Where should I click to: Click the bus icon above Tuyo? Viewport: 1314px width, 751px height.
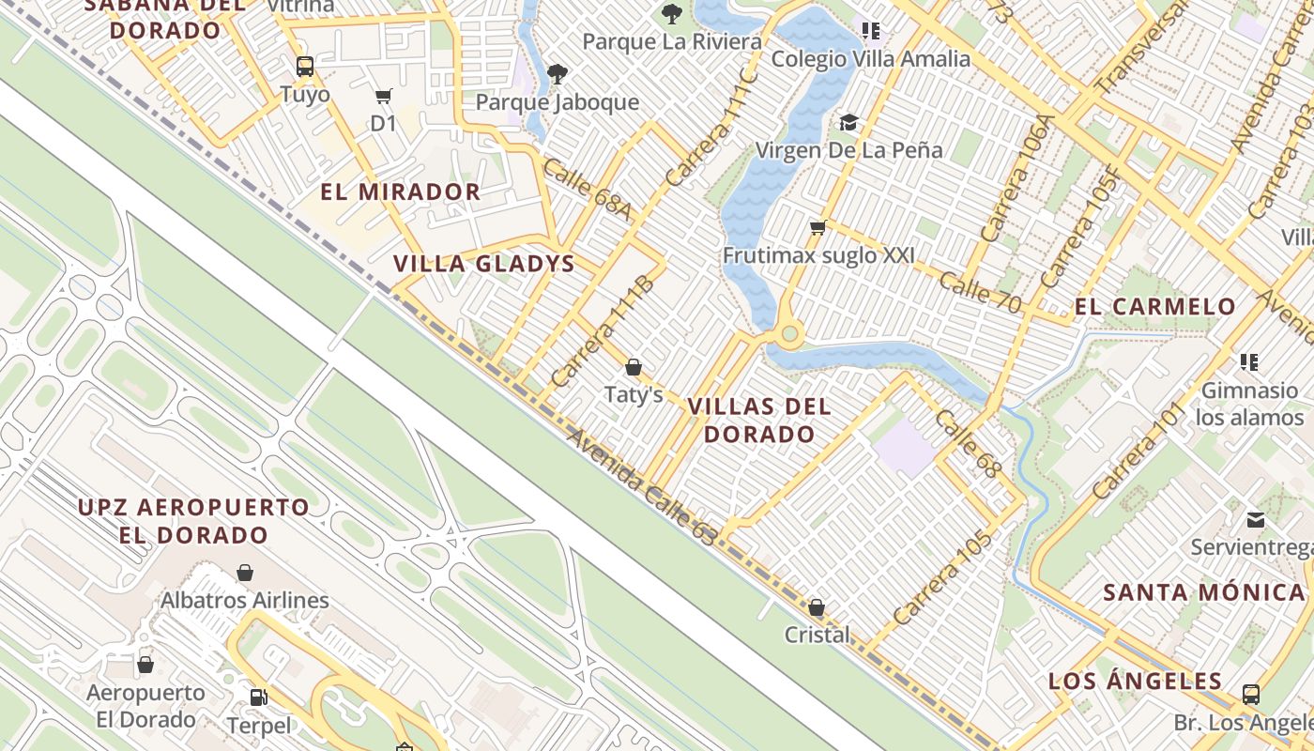tap(304, 66)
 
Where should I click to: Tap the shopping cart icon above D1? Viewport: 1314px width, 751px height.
tap(383, 96)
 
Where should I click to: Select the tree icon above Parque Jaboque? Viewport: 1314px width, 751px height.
tap(558, 73)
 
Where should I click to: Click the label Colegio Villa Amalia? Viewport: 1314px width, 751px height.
tap(870, 59)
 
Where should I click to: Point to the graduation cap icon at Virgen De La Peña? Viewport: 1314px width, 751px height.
tap(848, 122)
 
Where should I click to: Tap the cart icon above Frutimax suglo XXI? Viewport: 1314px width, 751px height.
tap(817, 227)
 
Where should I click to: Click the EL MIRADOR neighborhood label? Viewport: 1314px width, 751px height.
tap(401, 192)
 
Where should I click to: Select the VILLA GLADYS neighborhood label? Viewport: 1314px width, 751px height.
tap(483, 264)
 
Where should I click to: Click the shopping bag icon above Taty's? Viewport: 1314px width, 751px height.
tap(634, 367)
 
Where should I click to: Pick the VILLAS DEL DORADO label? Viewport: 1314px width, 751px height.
tap(759, 420)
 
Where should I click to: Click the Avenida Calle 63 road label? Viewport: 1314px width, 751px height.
tap(642, 485)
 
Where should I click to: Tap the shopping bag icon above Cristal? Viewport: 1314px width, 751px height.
tap(817, 607)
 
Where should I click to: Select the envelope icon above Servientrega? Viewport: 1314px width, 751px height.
tap(1255, 520)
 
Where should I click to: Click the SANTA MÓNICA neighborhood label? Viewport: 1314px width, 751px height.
tap(1204, 592)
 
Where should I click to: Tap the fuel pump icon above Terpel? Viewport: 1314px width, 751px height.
tap(258, 697)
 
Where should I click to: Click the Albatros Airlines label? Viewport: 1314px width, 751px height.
tap(245, 600)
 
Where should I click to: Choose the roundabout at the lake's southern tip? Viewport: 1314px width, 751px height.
tap(789, 333)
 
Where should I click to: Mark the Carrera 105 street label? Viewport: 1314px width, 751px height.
tap(942, 578)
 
